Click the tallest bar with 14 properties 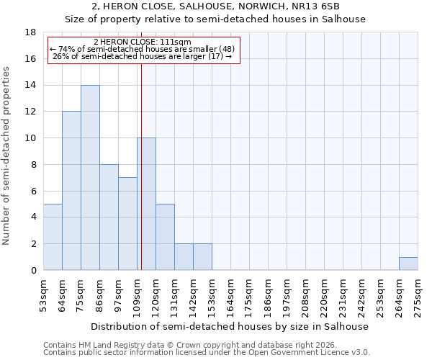coord(90,178)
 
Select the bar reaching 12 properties coord(71,191)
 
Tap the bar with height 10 coord(146,204)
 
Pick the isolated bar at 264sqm coord(408,264)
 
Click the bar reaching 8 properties coord(109,217)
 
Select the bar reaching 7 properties coord(127,224)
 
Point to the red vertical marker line coord(141,166)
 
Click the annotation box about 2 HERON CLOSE coord(143,50)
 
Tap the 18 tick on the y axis coord(31,32)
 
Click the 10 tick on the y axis coord(31,138)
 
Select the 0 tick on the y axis coord(34,271)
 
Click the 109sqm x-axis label coord(137,295)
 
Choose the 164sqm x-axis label coord(230,295)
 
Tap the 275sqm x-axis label coord(418,295)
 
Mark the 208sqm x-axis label coord(305,295)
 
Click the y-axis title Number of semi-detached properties coord(7,156)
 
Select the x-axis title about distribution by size coord(230,326)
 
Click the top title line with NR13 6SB coord(215,7)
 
